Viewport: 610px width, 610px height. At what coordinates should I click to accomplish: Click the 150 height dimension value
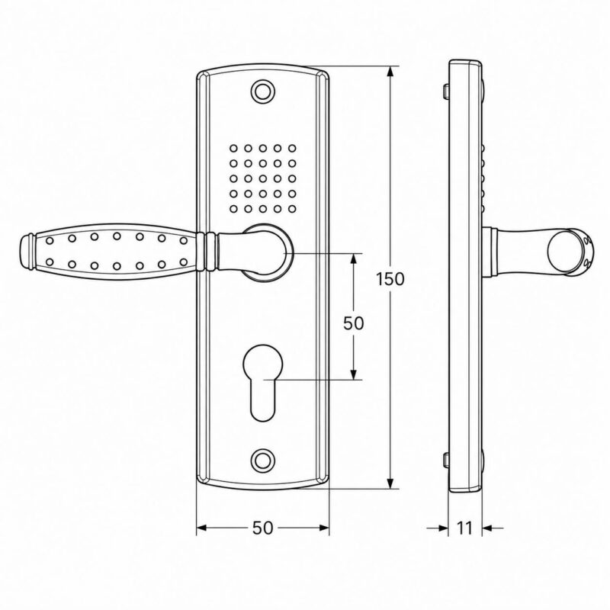click(x=390, y=279)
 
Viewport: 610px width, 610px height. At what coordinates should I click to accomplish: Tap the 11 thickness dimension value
click(x=464, y=528)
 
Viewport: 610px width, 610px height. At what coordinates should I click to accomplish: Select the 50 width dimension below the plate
click(x=263, y=528)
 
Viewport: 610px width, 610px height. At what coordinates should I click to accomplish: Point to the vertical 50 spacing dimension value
click(x=353, y=323)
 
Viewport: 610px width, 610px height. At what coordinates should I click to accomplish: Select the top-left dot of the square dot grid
click(x=233, y=148)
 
